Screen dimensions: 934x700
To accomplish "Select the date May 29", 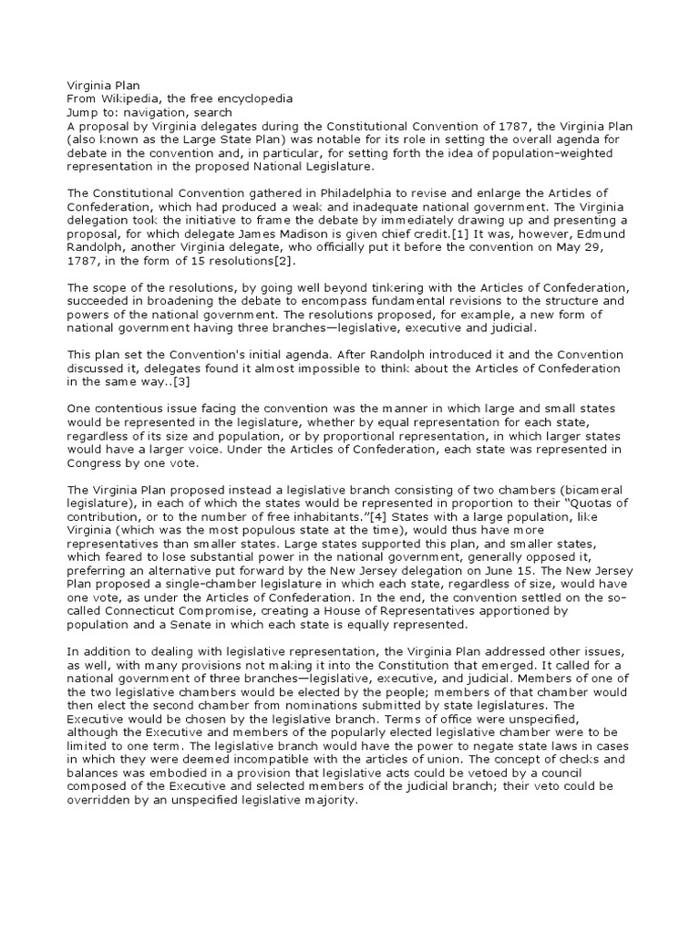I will coord(590,250).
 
